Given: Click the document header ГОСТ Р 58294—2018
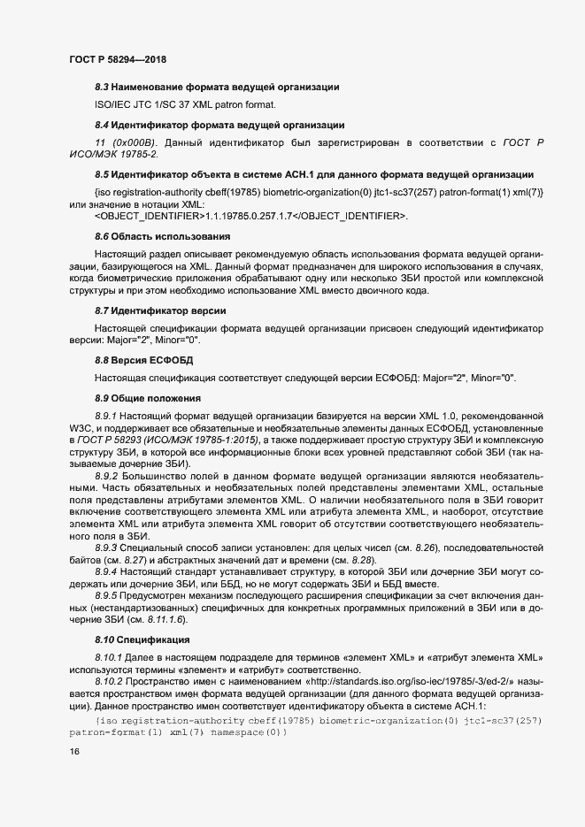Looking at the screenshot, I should pos(118,59).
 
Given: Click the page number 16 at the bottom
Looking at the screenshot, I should pos(73,752).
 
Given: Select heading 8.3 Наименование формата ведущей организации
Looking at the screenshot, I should pos(217,87).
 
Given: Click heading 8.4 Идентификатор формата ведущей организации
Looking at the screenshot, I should pos(219,124).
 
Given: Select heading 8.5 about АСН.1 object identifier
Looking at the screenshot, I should pos(313,173).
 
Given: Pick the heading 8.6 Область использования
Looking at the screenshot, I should pos(162,236).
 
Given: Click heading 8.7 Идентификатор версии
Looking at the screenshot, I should pos(160,311).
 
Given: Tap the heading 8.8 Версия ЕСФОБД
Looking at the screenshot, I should pos(143,361).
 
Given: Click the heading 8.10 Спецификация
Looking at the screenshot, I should pos(142,639).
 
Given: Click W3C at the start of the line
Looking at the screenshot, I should pos(80,428).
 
